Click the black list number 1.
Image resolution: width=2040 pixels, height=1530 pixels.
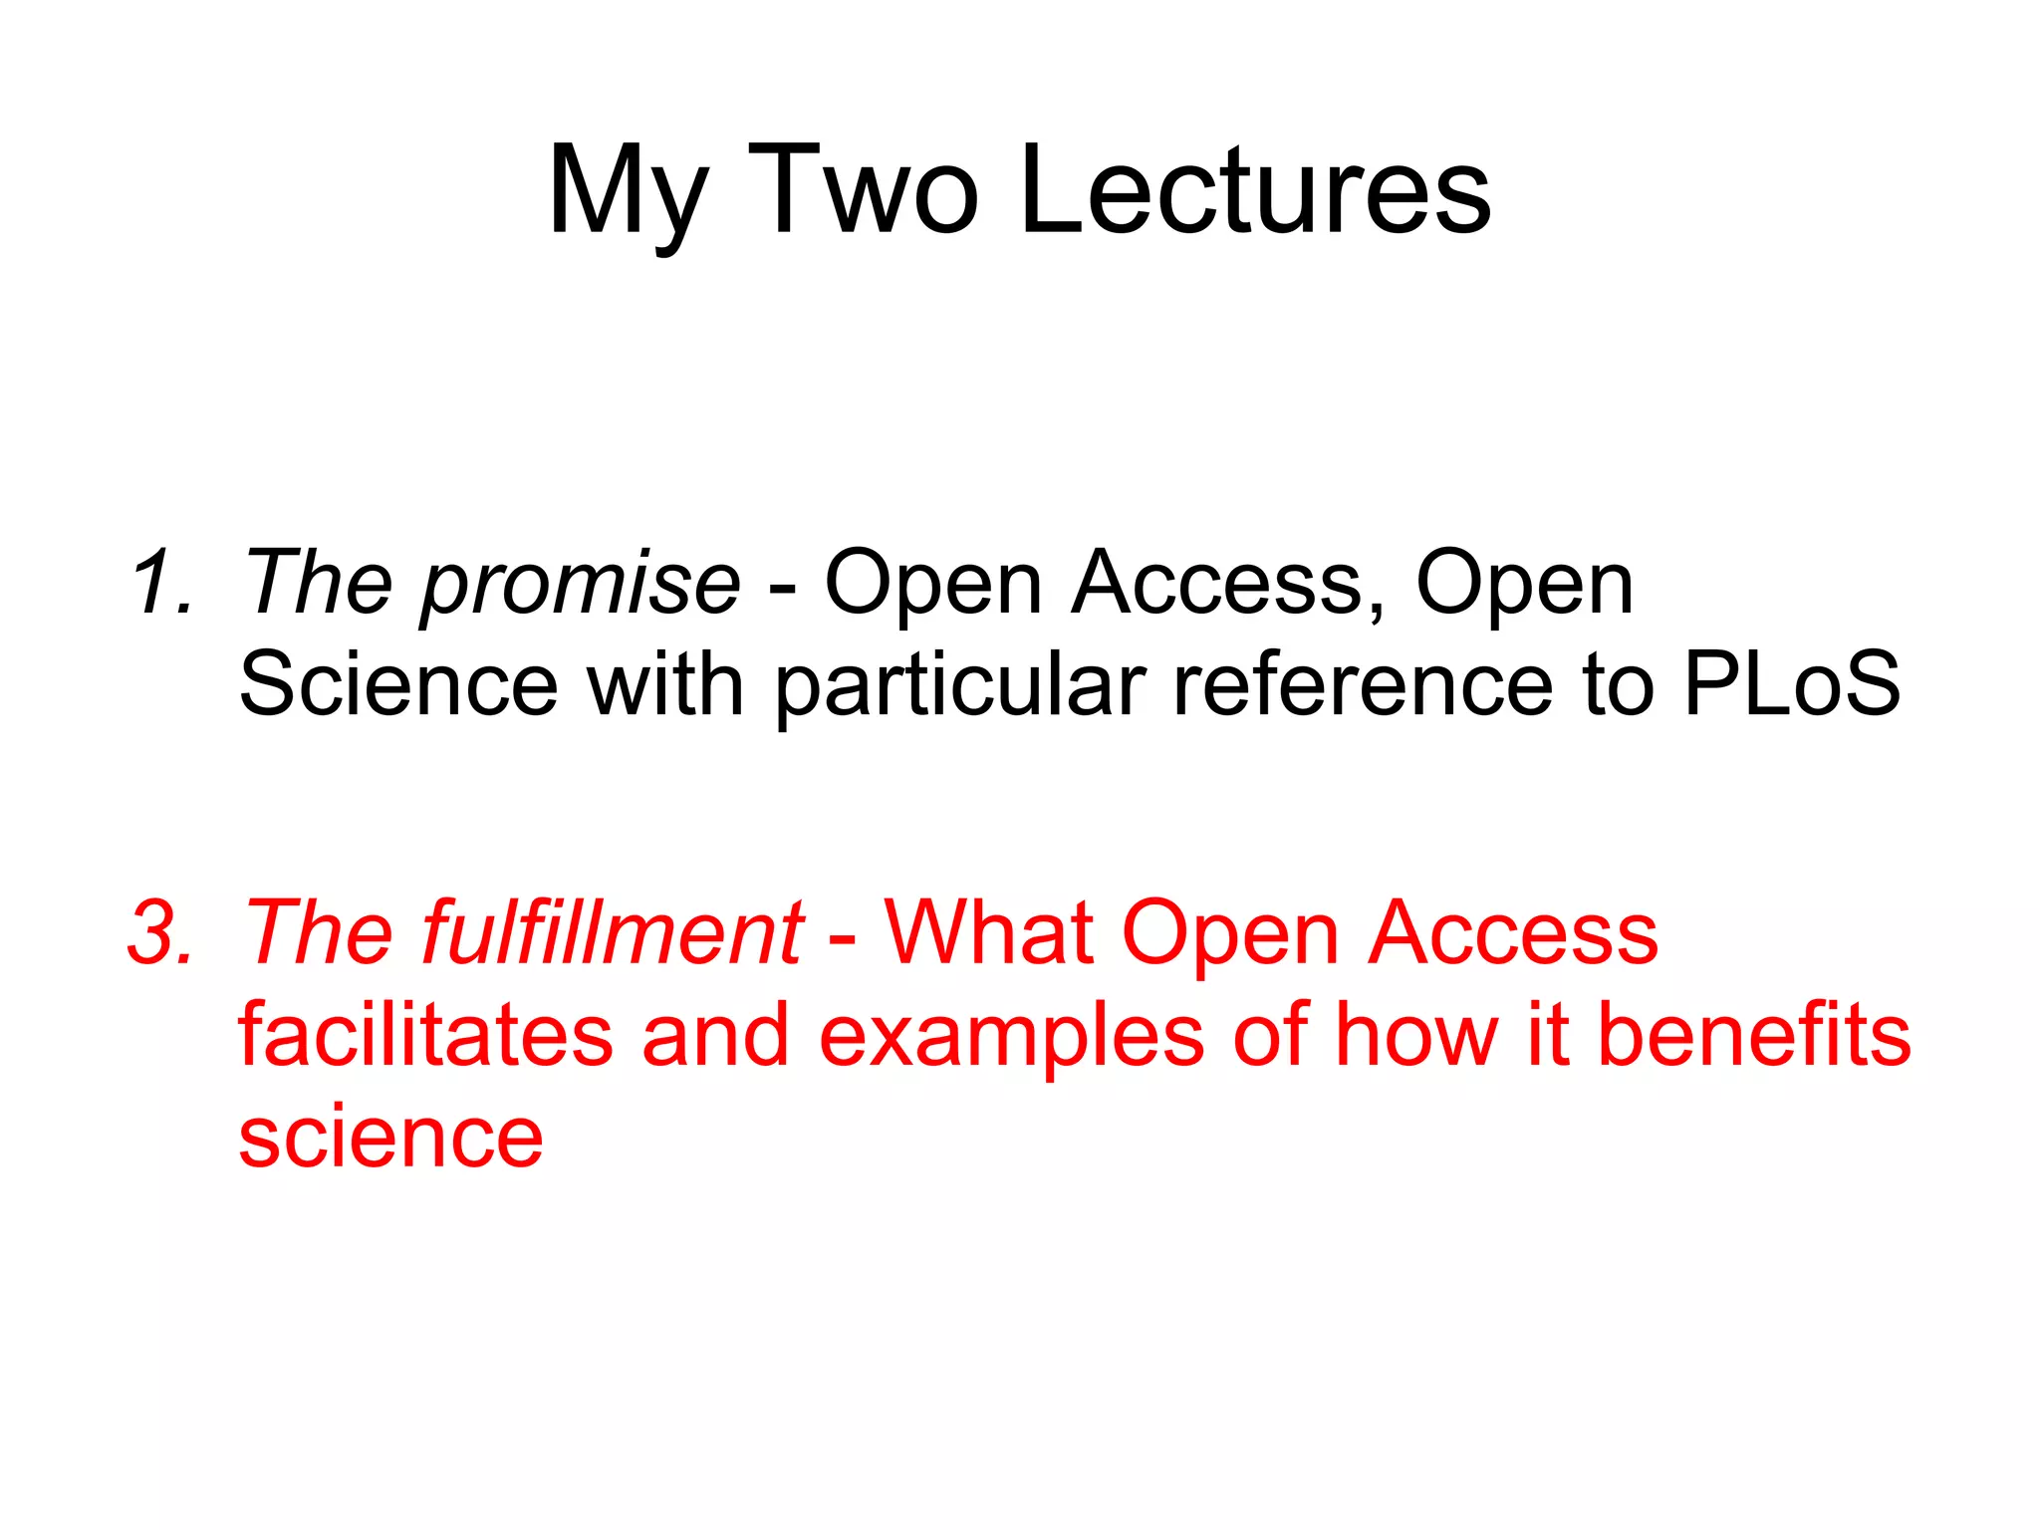coord(159,583)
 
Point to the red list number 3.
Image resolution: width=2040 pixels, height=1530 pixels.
coord(159,933)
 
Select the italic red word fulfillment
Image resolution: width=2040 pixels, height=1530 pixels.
coord(612,933)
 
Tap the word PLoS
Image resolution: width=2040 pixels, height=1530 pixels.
coord(1792,684)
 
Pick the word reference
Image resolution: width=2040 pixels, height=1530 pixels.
coord(1363,684)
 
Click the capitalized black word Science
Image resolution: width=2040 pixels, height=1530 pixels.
coord(398,684)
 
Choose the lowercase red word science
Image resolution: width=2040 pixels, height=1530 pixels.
coord(390,1137)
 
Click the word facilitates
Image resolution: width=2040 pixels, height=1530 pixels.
coord(425,1035)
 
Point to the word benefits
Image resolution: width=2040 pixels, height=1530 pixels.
coord(1753,1035)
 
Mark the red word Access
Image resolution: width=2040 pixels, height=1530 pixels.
coord(1513,933)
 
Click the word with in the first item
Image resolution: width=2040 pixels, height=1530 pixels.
coord(664,684)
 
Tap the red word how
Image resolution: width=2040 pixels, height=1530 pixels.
coord(1415,1035)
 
